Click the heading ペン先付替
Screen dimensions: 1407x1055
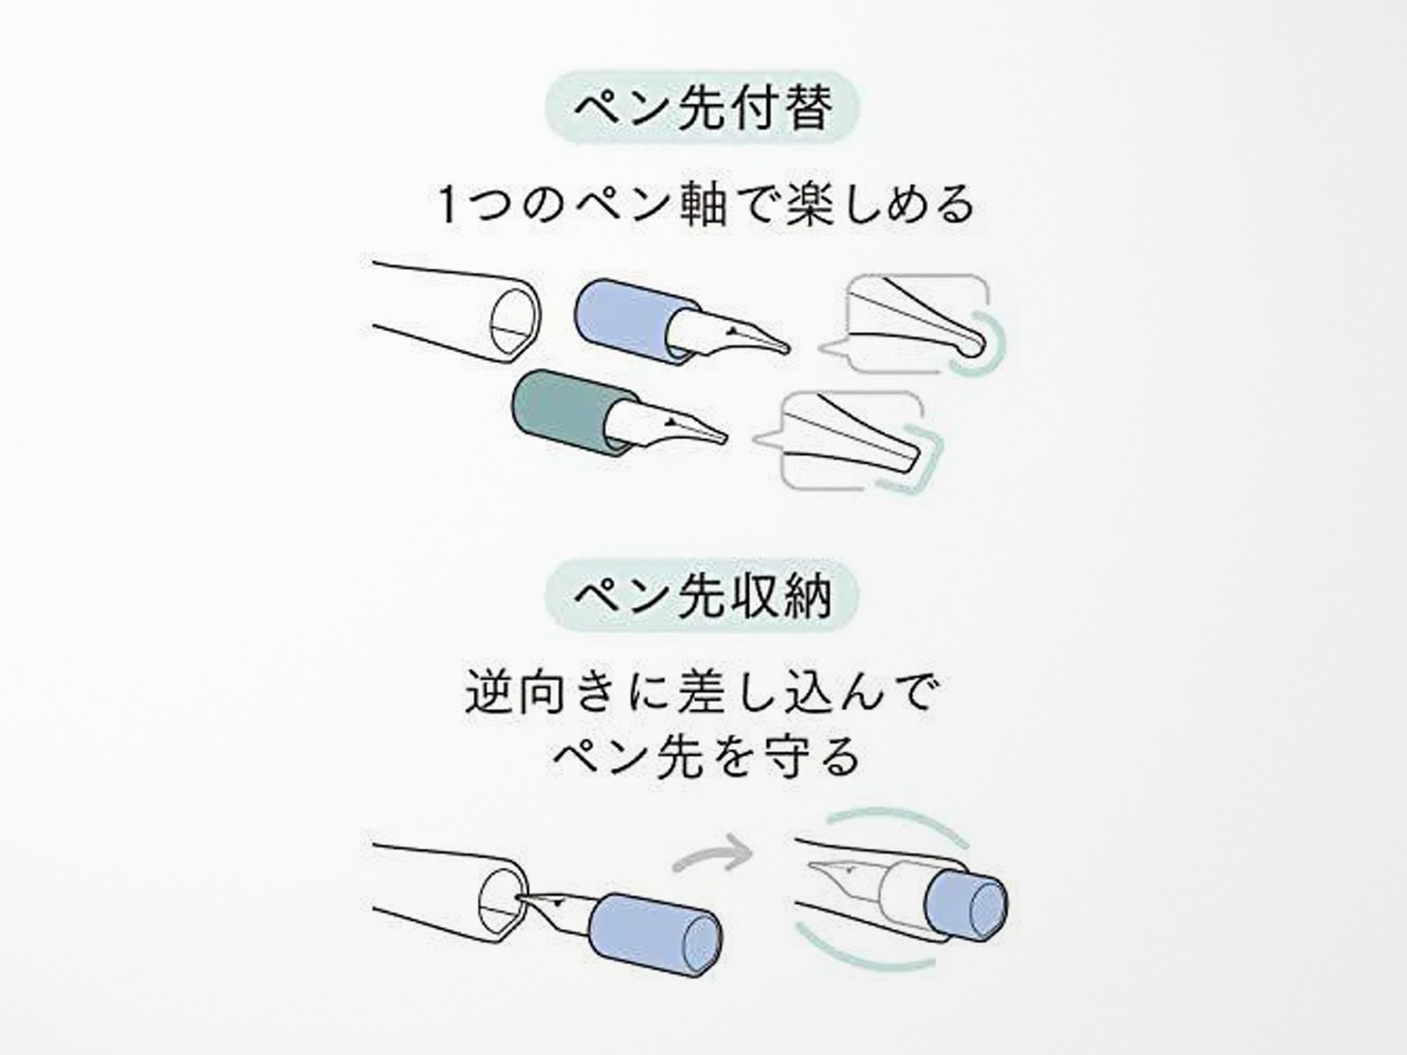coord(703,108)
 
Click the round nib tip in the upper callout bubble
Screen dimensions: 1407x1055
coord(974,345)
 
